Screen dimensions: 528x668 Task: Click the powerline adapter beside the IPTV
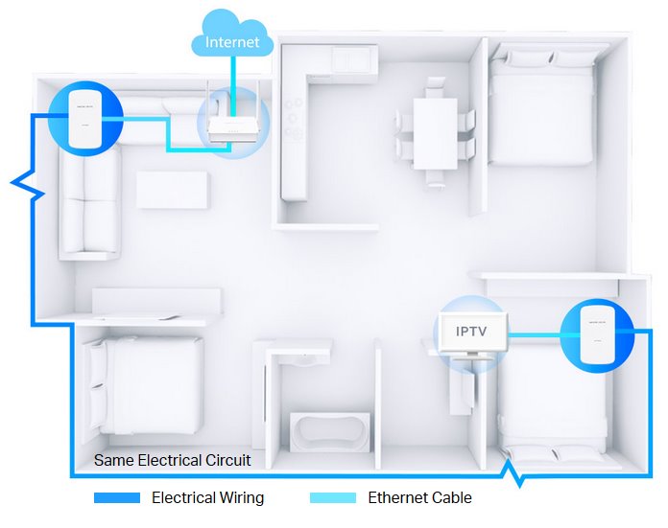coord(596,336)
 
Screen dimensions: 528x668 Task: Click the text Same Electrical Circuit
coord(172,460)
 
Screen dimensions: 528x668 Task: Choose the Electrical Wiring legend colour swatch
coord(118,498)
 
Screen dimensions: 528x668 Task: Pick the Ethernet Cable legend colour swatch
coord(334,498)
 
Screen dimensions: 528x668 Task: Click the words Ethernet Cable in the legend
coord(419,498)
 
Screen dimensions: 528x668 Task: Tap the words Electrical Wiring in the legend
coord(207,498)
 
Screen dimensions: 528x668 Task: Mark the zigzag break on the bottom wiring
coord(515,471)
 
